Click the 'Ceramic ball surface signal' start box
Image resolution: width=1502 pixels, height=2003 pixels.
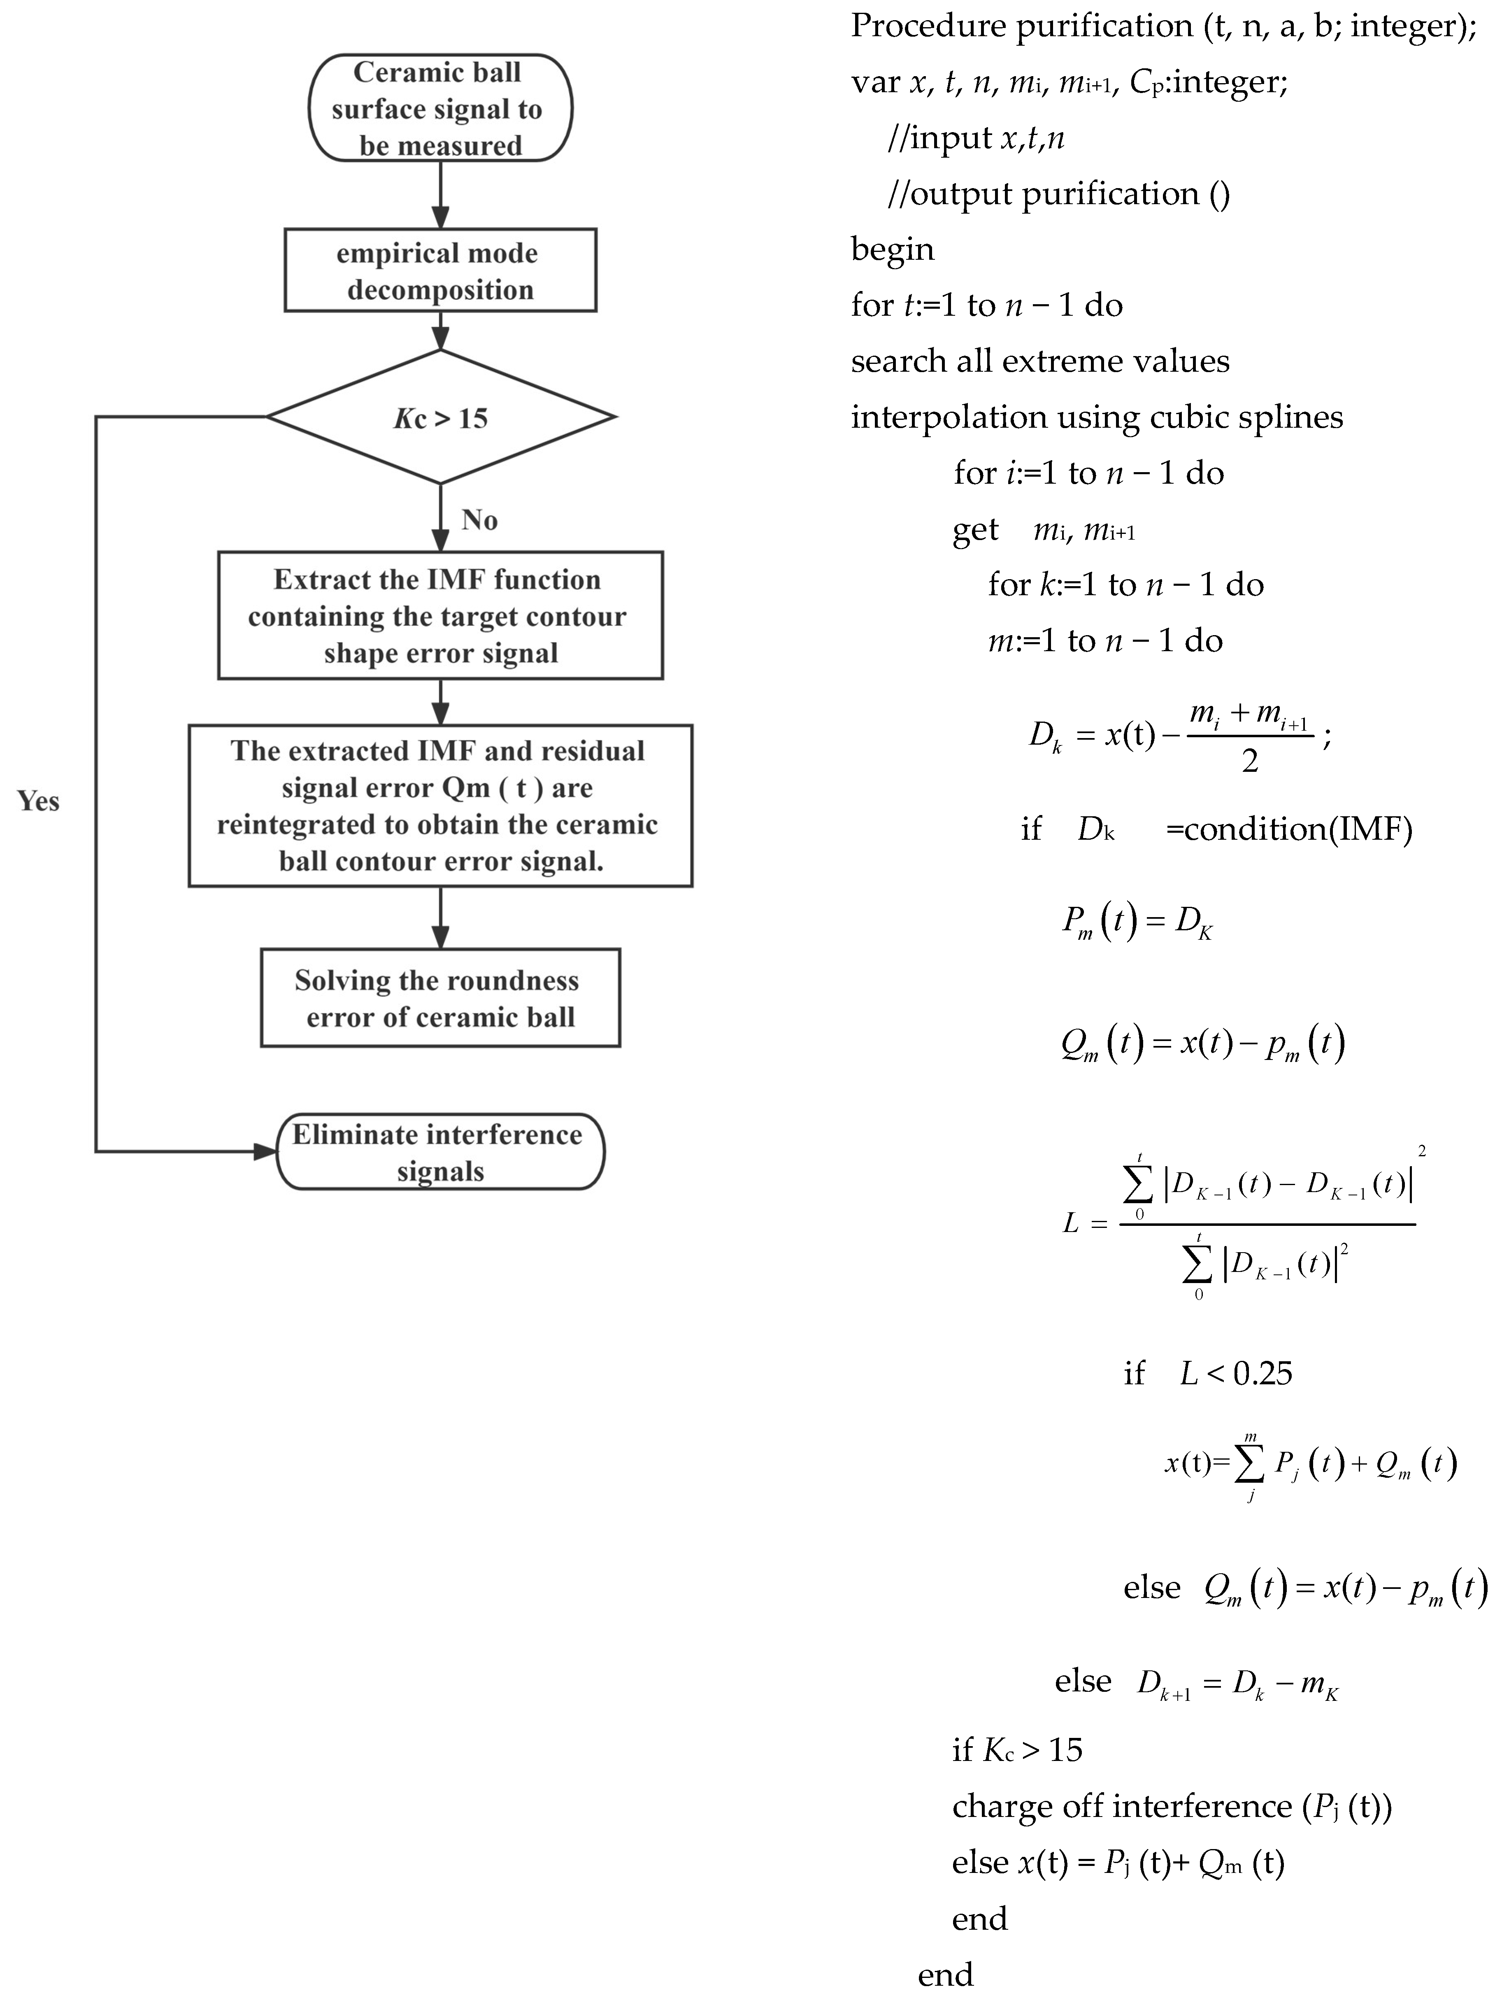440,108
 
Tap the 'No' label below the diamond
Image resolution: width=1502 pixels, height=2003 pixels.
479,520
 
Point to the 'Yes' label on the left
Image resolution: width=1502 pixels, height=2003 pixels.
38,801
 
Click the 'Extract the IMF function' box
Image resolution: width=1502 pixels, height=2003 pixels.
440,616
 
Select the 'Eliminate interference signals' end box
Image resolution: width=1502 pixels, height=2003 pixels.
440,1152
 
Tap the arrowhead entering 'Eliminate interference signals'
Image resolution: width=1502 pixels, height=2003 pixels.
265,1152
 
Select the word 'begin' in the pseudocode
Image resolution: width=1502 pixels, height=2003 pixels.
892,249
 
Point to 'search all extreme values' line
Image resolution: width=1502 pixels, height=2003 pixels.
1039,361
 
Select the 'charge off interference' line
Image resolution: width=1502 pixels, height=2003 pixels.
1172,1807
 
